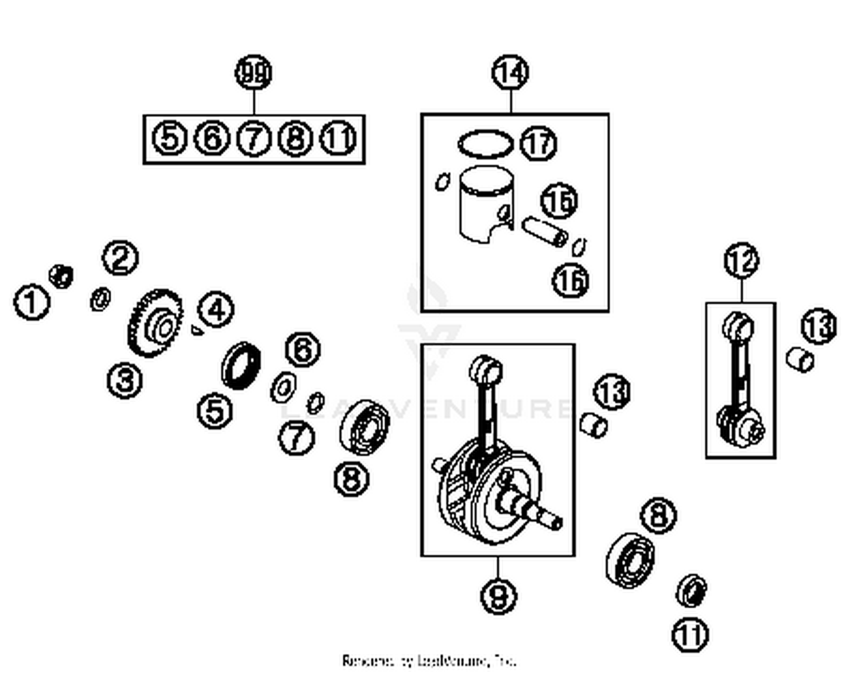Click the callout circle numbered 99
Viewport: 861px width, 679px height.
253,73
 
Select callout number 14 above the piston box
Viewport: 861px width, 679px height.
510,73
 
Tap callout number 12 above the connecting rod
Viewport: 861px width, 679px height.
741,261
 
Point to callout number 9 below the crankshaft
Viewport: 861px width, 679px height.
498,596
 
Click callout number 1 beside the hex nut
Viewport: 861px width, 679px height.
32,302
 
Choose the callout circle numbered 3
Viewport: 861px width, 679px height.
125,380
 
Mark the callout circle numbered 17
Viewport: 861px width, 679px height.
538,143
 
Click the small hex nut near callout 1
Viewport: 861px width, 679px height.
61,276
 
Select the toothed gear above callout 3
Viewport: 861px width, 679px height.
155,323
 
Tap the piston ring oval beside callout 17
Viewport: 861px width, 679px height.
485,143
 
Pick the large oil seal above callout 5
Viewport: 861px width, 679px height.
241,365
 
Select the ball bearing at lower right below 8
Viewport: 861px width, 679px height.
630,561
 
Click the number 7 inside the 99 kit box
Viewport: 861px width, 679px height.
253,138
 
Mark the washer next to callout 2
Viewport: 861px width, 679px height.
101,300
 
